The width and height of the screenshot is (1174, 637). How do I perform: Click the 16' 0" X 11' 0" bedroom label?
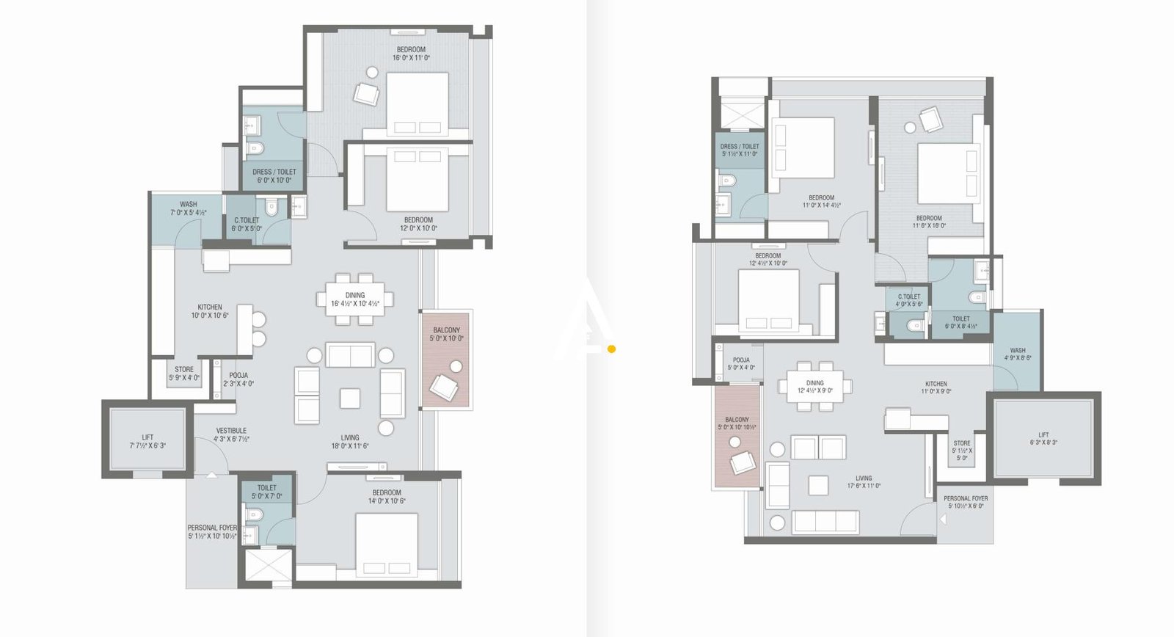411,54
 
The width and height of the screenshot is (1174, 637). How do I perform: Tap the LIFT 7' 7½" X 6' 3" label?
147,441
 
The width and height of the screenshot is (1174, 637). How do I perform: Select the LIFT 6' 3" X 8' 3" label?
1043,438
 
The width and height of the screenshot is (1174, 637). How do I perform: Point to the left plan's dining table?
355,299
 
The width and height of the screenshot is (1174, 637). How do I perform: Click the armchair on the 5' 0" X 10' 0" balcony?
444,386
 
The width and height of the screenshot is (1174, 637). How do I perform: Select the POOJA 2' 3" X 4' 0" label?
238,379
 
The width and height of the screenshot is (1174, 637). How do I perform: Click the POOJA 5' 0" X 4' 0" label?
741,363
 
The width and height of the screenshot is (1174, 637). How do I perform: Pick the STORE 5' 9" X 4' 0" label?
184,374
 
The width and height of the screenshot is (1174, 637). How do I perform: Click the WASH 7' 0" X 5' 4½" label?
188,208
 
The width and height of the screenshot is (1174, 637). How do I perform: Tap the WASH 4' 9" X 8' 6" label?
1018,354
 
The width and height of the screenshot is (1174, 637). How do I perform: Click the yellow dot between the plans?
611,349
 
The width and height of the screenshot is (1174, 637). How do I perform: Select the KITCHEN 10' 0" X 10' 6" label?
210,311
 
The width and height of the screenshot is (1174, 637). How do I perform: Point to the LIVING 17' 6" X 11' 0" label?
864,481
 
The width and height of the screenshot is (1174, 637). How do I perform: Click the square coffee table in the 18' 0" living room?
350,398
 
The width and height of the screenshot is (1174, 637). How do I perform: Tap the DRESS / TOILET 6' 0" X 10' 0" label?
274,176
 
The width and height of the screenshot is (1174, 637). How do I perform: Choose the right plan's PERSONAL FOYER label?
966,502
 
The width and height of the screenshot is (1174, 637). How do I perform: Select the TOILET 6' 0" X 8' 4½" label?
960,322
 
